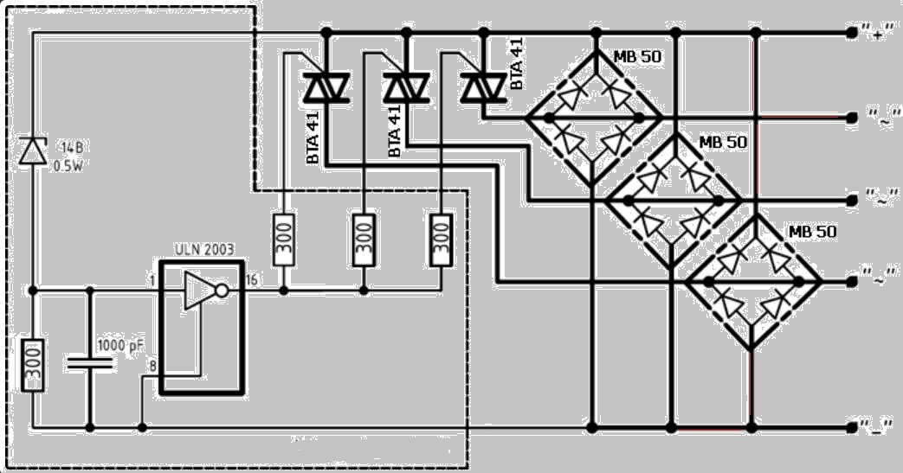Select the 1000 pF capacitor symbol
point(90,363)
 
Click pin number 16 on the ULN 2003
point(251,280)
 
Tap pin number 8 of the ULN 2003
point(152,367)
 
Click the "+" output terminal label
point(877,34)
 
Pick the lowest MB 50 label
point(811,232)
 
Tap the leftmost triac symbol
point(326,87)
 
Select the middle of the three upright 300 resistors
point(364,239)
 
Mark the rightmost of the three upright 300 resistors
point(442,239)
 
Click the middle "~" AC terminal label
point(878,200)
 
